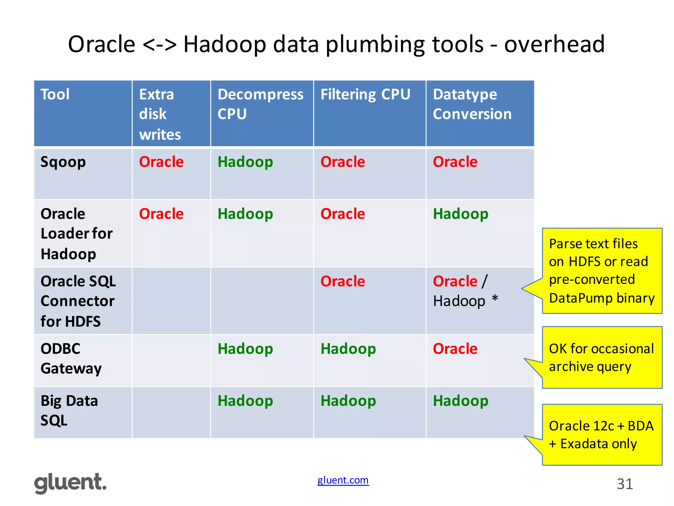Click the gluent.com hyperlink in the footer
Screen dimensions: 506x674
coord(343,480)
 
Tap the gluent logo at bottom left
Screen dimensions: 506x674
coord(70,483)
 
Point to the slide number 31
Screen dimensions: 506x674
coord(625,484)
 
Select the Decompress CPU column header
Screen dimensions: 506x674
coord(260,104)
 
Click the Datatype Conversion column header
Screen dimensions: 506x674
coord(472,104)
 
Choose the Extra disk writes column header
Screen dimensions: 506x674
coord(160,114)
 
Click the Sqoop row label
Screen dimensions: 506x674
coord(63,162)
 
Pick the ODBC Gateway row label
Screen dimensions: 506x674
coord(71,358)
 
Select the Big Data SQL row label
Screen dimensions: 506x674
coord(69,410)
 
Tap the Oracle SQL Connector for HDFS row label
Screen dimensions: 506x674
coord(78,301)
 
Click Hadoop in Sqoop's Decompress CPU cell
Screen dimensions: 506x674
coord(245,162)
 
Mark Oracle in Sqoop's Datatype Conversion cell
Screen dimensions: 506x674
coord(455,162)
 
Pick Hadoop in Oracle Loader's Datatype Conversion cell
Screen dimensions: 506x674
coord(460,214)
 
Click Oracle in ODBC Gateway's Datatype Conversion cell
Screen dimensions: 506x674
coord(455,349)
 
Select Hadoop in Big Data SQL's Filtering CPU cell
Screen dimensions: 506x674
coord(348,401)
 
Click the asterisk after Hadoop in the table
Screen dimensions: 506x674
coord(495,299)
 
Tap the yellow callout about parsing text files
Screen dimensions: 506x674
coord(602,270)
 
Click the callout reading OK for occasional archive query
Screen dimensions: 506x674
coord(602,357)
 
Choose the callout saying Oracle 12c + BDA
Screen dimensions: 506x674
coord(602,435)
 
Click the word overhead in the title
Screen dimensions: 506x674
coord(554,44)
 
